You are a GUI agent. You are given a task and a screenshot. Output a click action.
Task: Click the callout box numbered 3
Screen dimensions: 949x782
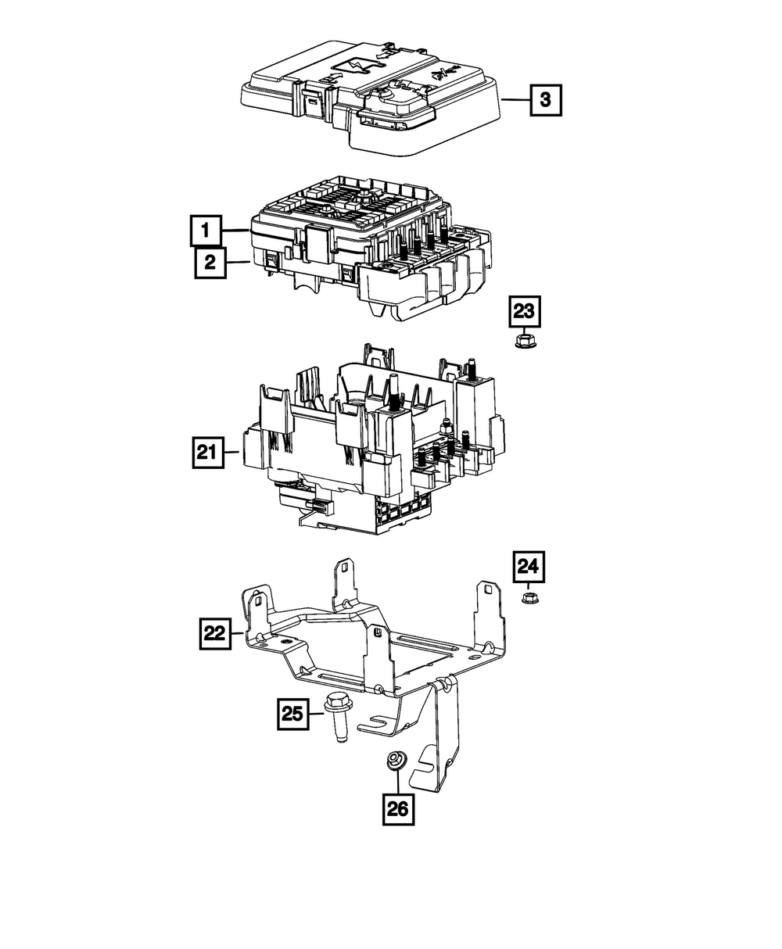point(546,100)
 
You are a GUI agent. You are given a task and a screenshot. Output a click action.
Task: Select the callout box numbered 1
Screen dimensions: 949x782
point(205,231)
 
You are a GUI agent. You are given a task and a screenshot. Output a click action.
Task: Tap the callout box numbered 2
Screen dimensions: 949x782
point(210,263)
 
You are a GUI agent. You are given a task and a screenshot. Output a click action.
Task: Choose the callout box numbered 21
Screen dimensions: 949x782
point(207,451)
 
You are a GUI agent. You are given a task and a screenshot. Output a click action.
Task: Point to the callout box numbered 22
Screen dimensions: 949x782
point(213,634)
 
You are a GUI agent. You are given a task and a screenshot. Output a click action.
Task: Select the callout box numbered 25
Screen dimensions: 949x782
point(291,713)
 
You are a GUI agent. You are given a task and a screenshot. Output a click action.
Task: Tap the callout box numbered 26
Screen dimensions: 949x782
point(398,810)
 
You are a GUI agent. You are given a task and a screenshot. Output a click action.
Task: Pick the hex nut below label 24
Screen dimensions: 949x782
point(529,599)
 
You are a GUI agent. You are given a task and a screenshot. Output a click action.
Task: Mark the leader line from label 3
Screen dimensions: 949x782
point(515,100)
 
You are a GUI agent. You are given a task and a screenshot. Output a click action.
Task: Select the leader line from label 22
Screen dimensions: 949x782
point(238,634)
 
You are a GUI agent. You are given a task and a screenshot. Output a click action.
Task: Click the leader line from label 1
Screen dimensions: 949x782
point(235,231)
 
